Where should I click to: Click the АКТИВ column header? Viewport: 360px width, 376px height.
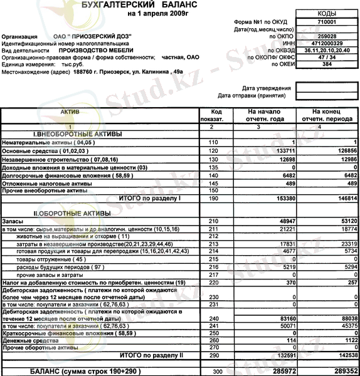[x=70, y=110]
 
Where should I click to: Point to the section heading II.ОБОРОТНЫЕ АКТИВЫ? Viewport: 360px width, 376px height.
[x=72, y=214]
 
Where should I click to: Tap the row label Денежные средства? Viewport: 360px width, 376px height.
[x=24, y=340]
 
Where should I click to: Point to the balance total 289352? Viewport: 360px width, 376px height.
[x=342, y=371]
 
